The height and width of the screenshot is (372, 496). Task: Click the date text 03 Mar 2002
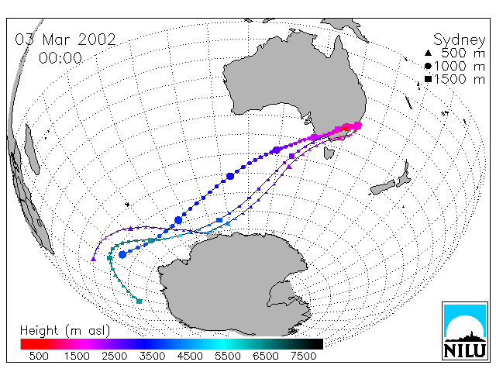[x=65, y=40]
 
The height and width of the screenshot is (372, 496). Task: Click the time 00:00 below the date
[x=60, y=58]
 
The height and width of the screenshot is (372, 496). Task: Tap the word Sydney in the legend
[x=460, y=40]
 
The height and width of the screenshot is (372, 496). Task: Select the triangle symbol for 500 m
[x=428, y=53]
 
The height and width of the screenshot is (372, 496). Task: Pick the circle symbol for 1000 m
[x=428, y=66]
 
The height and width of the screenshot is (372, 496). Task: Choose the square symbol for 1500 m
[x=428, y=79]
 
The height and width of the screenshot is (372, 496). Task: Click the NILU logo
[x=465, y=331]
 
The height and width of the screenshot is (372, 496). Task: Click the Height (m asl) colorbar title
[x=65, y=331]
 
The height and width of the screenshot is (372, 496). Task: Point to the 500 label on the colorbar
[x=39, y=356]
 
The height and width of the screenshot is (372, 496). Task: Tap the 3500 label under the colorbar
[x=152, y=356]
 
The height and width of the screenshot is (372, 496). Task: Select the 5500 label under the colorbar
[x=228, y=356]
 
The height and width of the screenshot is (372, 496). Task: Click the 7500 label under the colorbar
[x=303, y=356]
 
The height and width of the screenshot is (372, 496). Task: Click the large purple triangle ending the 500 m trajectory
[x=93, y=259]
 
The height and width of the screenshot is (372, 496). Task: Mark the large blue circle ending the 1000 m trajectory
[x=122, y=254]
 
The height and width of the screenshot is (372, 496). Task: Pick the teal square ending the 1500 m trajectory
[x=139, y=301]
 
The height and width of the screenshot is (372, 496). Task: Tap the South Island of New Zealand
[x=383, y=188]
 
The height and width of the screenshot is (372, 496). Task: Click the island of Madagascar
[x=33, y=150]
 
